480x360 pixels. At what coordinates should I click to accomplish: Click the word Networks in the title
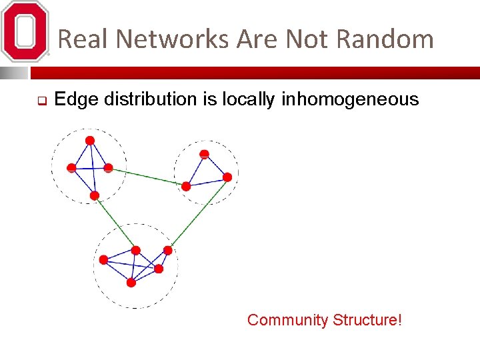click(173, 39)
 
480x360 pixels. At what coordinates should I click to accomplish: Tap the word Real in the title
click(83, 39)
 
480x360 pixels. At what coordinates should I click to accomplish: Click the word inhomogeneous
click(350, 100)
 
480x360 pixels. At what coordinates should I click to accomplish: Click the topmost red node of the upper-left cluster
click(89, 140)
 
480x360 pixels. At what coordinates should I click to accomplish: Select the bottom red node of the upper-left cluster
click(95, 195)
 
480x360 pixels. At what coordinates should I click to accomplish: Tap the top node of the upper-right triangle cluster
click(205, 154)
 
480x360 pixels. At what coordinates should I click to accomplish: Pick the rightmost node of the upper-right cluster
click(227, 177)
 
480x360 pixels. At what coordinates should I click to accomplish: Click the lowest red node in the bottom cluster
click(131, 283)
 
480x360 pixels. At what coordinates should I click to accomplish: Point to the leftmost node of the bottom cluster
click(103, 260)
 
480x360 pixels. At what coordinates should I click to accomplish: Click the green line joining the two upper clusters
click(147, 177)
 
